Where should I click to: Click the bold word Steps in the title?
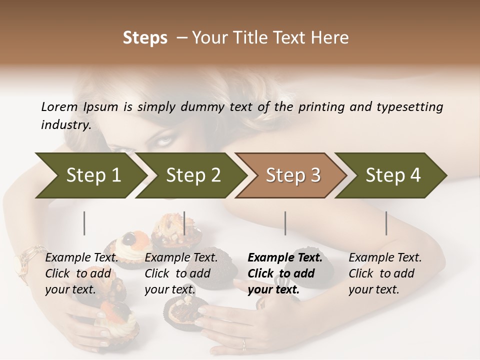(x=145, y=38)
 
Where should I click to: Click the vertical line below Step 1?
(x=84, y=223)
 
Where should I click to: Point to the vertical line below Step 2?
(x=184, y=223)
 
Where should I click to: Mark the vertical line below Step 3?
(x=285, y=223)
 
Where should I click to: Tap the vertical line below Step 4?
(x=386, y=223)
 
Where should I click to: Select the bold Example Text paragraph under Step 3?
(x=285, y=273)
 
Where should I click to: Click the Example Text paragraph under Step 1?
(x=81, y=273)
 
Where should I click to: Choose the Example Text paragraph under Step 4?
(x=385, y=273)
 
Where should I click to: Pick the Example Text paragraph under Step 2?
(x=181, y=273)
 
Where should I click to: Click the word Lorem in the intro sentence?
(x=59, y=107)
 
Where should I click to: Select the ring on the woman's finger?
(x=244, y=344)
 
